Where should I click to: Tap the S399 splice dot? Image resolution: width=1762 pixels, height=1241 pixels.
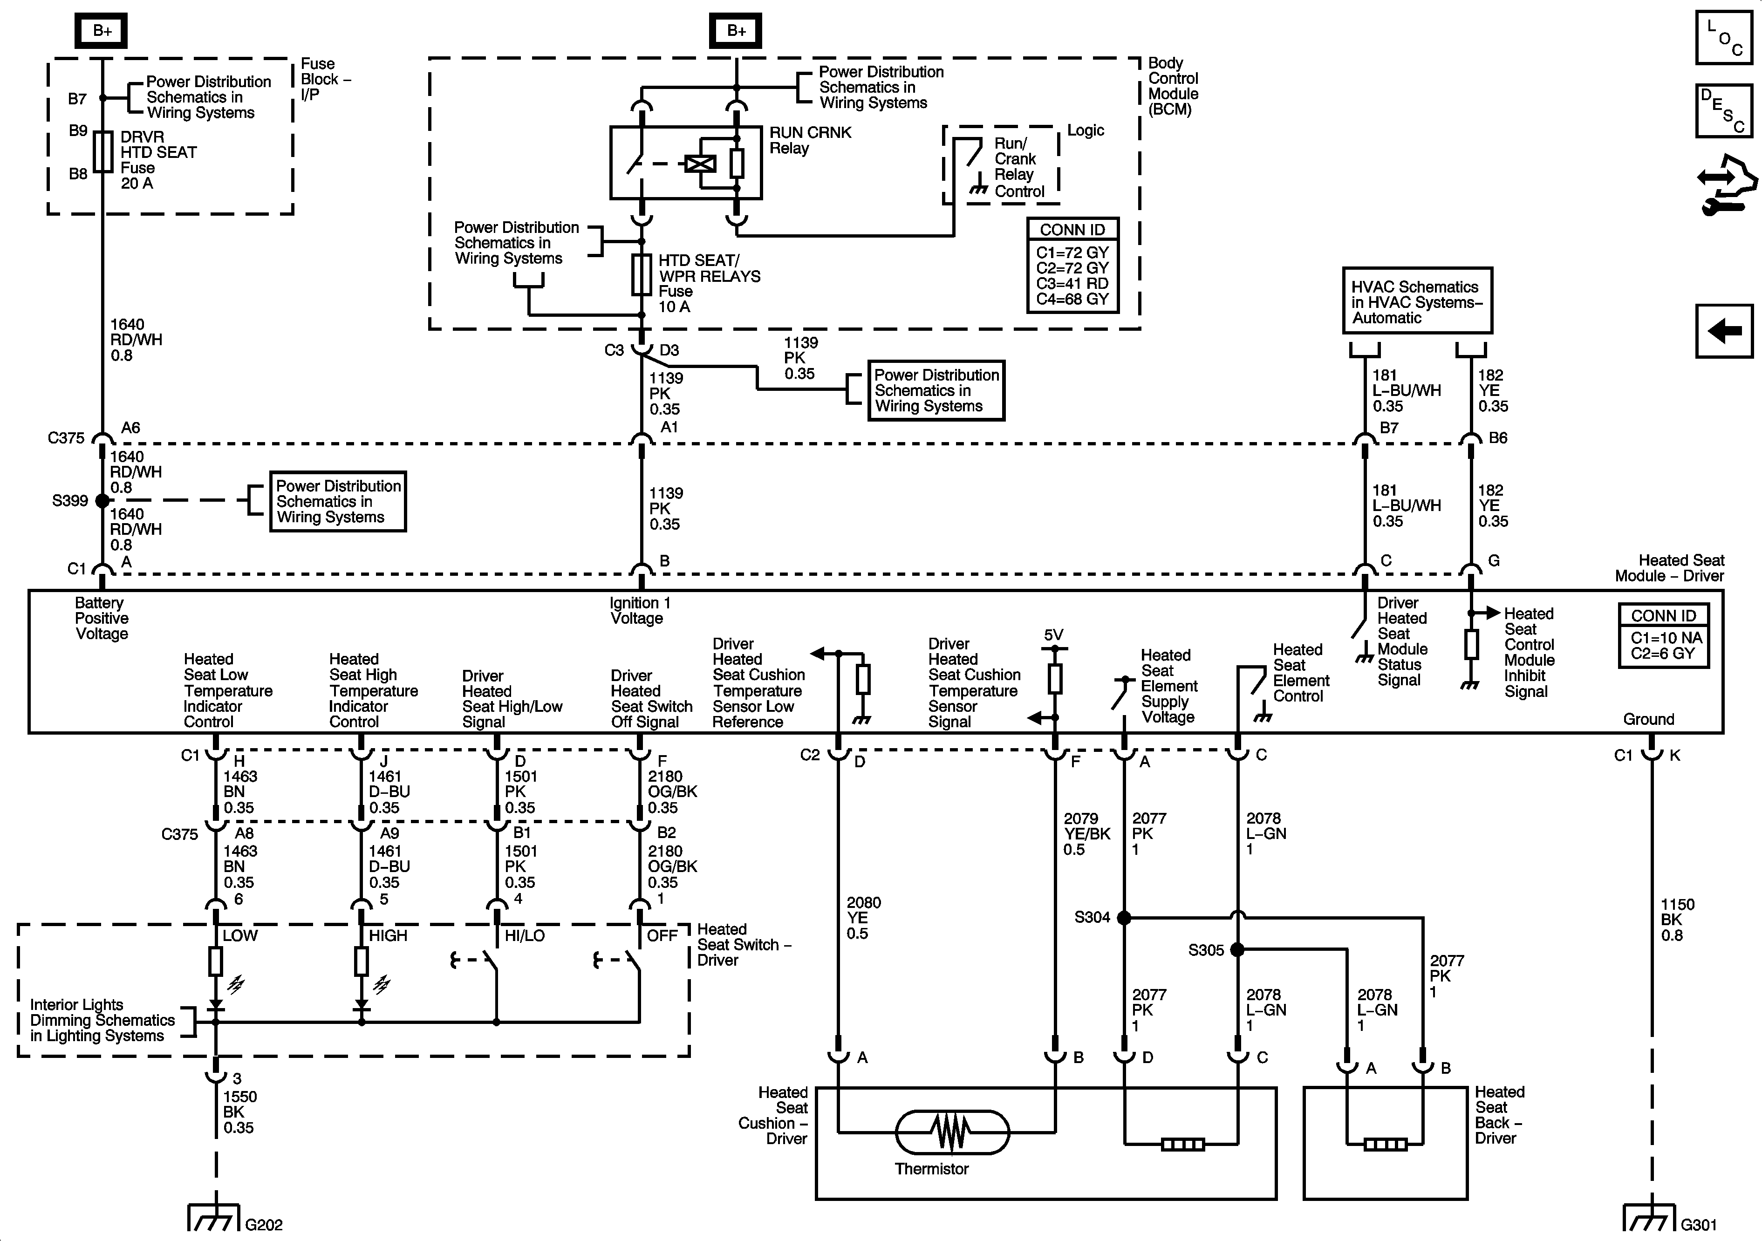click(x=102, y=500)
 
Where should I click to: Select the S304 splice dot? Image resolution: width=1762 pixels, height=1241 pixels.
click(x=1124, y=917)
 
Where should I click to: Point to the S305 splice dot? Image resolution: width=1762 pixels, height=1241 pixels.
click(x=1237, y=949)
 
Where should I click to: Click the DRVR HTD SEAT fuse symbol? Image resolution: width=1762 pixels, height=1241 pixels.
click(x=103, y=151)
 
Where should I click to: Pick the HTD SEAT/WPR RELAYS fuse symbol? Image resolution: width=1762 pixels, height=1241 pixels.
click(x=642, y=275)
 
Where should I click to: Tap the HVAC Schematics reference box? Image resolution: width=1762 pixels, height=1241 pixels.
click(x=1417, y=301)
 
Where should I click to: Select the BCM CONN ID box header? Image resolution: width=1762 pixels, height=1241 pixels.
click(x=1072, y=230)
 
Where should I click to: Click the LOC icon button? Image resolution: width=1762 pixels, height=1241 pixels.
click(x=1723, y=36)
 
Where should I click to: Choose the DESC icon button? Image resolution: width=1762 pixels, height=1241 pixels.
click(x=1723, y=110)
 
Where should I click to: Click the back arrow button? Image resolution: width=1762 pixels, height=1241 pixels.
click(x=1723, y=331)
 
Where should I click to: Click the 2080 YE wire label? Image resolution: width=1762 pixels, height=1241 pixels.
click(x=862, y=918)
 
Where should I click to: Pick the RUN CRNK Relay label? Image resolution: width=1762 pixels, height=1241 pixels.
click(x=810, y=140)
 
